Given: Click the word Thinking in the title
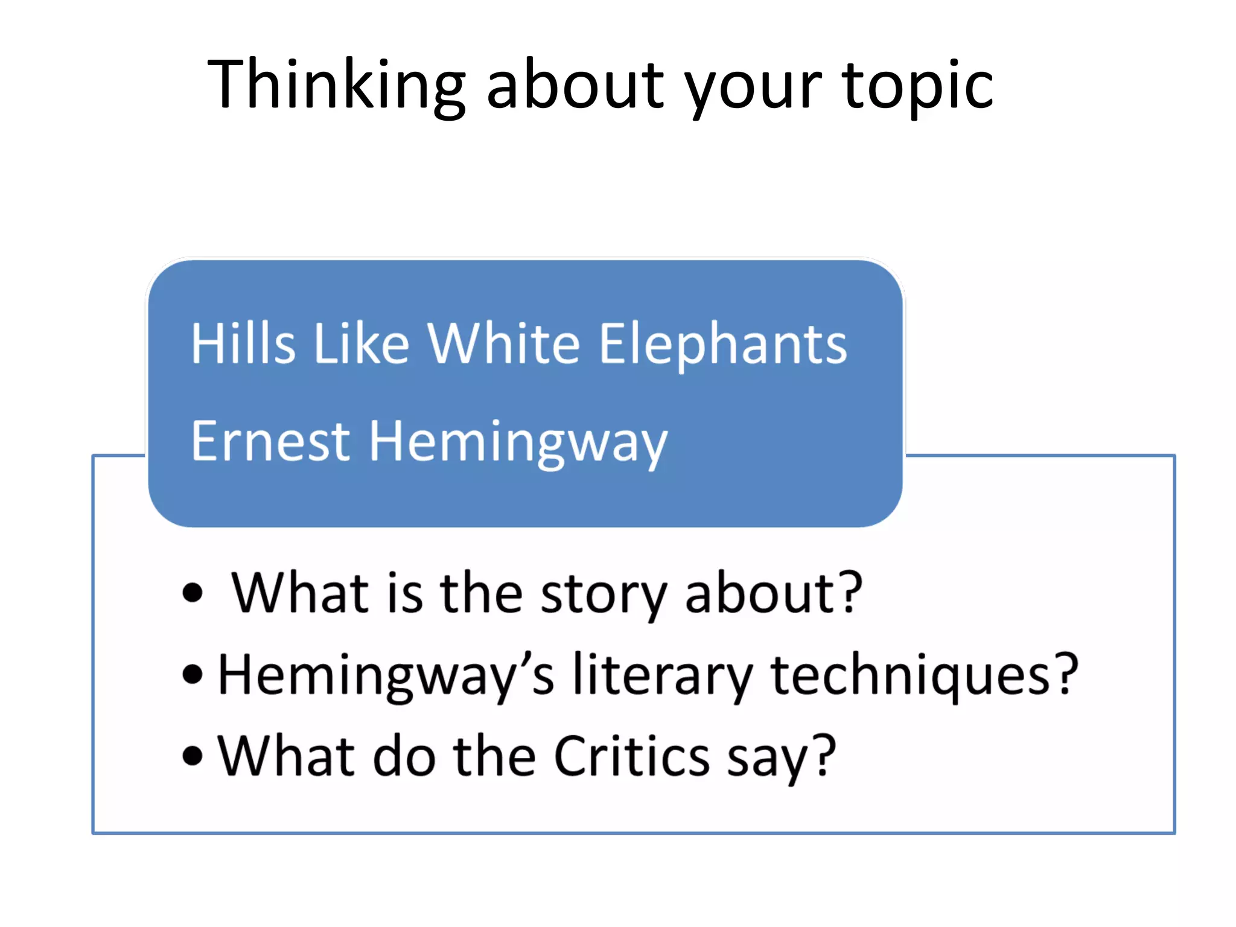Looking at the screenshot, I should (x=336, y=84).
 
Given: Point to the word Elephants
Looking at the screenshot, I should (x=723, y=344).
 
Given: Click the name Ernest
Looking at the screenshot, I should (x=270, y=441).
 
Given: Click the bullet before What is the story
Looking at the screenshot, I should (x=193, y=593).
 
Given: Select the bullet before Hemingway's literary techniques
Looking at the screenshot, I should (x=193, y=674).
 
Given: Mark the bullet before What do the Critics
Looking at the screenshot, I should (x=193, y=756).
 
